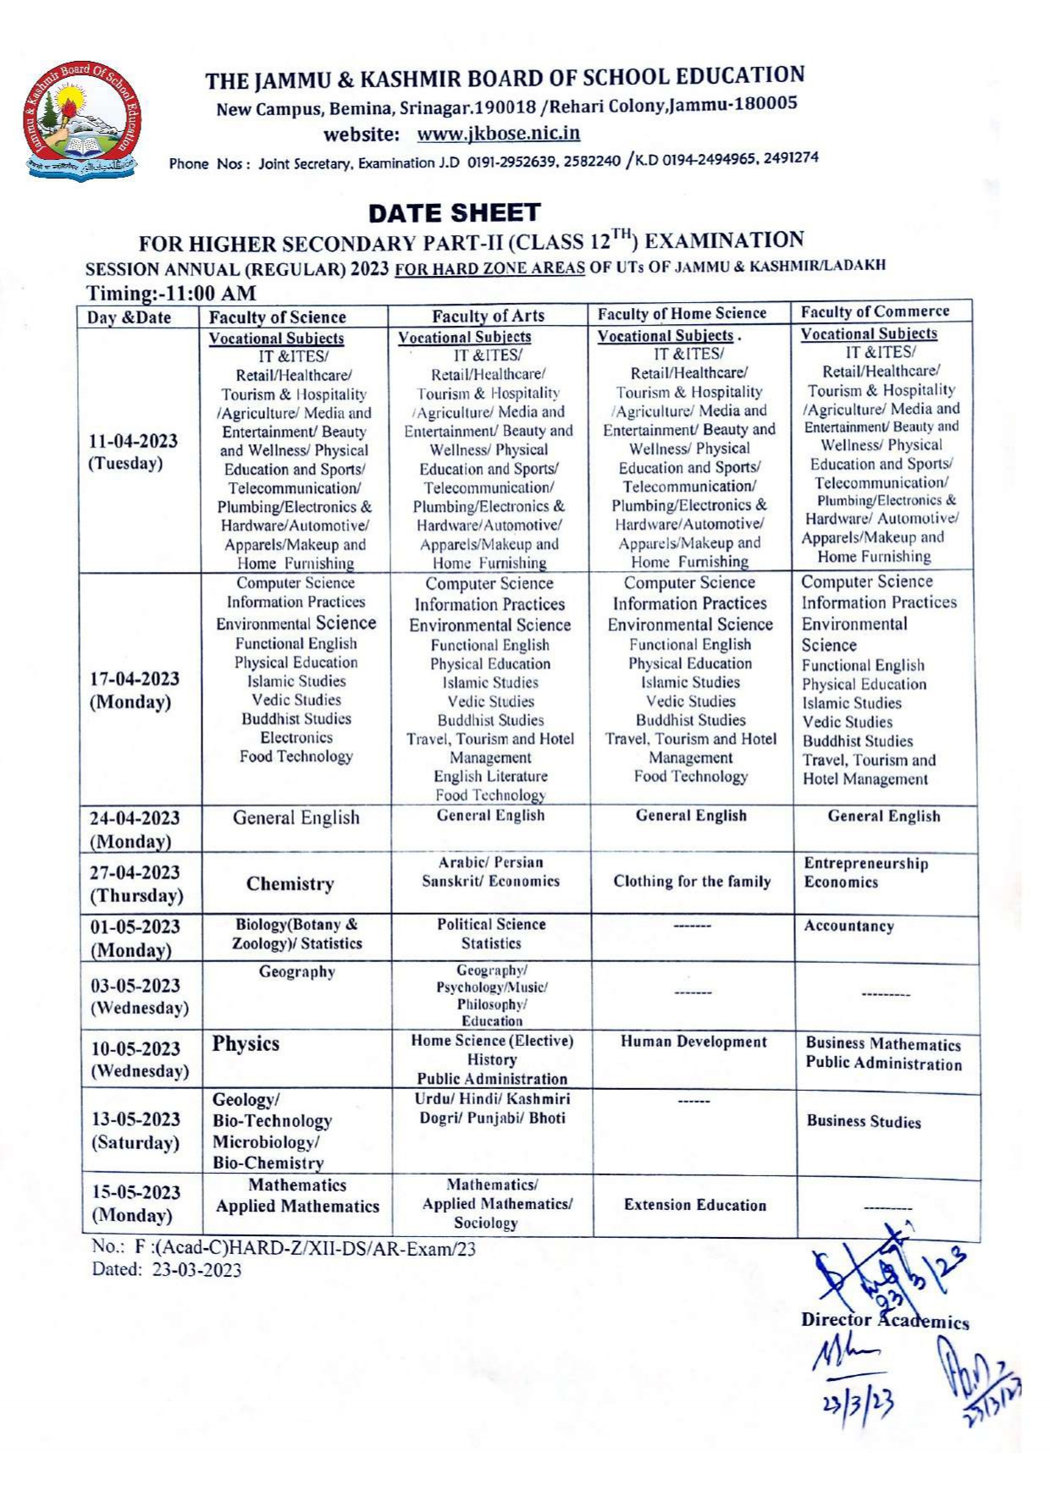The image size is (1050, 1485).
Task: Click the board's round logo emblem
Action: click(81, 121)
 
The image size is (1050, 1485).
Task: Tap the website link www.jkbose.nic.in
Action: click(498, 134)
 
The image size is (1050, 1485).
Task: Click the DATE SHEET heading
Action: click(454, 212)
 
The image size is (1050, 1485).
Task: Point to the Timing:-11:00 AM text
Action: click(171, 294)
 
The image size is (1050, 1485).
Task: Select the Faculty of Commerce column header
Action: click(875, 311)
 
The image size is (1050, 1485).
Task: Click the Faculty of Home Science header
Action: click(682, 314)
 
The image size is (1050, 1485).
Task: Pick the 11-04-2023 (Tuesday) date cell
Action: click(134, 452)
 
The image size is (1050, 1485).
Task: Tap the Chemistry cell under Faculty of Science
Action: click(290, 884)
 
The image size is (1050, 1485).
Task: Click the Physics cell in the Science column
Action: click(246, 1044)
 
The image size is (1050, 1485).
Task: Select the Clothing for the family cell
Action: click(692, 882)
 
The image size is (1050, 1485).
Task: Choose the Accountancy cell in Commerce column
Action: click(848, 927)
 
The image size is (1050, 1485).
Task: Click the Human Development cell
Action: click(694, 1042)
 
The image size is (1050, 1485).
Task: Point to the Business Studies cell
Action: click(863, 1122)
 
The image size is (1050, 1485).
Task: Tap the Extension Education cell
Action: click(694, 1206)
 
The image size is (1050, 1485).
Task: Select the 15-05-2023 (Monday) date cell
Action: click(135, 1204)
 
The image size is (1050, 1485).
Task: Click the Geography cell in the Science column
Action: click(296, 972)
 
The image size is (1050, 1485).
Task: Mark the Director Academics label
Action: click(884, 1321)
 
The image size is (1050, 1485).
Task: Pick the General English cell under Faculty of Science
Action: click(296, 818)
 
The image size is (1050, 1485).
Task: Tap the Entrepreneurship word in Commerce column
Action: click(865, 864)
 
